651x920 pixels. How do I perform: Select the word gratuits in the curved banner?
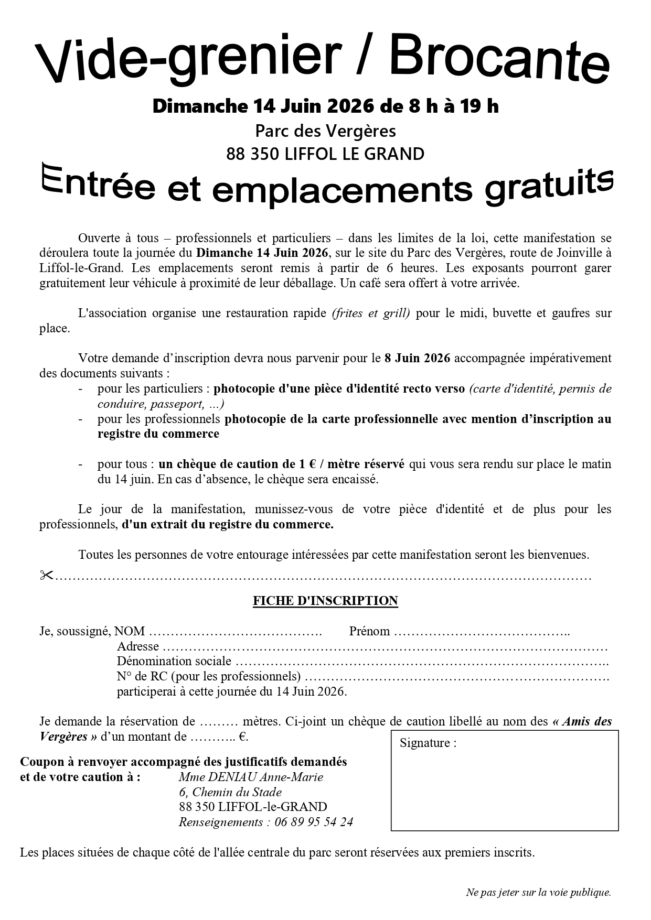coord(549,186)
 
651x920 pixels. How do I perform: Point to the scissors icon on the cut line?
coord(47,576)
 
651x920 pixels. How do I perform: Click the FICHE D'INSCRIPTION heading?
coord(325,601)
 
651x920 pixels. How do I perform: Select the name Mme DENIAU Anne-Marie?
coord(251,777)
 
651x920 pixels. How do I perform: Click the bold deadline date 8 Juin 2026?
coord(417,359)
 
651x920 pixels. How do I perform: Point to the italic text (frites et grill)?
coord(371,313)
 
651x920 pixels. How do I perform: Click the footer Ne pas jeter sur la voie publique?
coord(538,892)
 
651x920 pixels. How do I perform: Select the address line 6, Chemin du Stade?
coord(230,792)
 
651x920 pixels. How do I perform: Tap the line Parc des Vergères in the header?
coord(325,130)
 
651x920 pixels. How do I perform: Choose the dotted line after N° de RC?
coord(456,677)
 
